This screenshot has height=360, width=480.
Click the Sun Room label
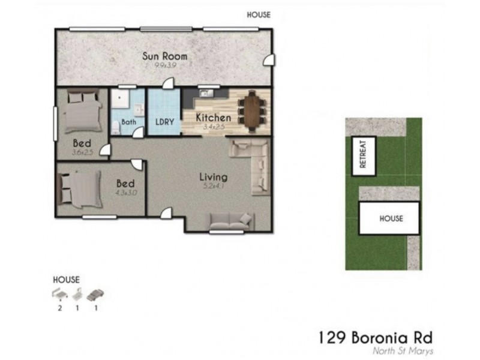(164, 56)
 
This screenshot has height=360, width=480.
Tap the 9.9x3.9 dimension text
(164, 65)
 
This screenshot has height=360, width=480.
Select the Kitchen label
(214, 118)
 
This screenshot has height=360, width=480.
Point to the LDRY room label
(164, 122)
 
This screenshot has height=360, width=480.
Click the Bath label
(129, 122)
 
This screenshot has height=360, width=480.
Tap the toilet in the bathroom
(116, 127)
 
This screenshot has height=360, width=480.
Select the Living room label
(213, 177)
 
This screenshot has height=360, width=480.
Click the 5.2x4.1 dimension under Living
(213, 186)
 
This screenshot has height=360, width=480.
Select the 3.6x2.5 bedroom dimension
(82, 152)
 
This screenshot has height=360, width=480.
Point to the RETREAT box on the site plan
(363, 155)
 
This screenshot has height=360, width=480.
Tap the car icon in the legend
(95, 295)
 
